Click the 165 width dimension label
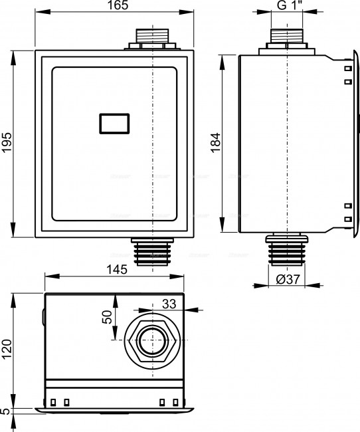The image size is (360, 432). pyautogui.click(x=118, y=5)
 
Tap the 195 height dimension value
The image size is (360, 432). pyautogui.click(x=7, y=142)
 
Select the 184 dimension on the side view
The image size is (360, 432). pyautogui.click(x=216, y=142)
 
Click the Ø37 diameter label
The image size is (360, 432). pyautogui.click(x=288, y=279)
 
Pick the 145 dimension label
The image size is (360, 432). pyautogui.click(x=117, y=269)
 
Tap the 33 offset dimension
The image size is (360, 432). pyautogui.click(x=169, y=304)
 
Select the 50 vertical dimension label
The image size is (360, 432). pyautogui.click(x=107, y=317)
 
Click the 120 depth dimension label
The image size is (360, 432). pyautogui.click(x=7, y=349)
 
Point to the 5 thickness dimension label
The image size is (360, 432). pyautogui.click(x=5, y=411)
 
